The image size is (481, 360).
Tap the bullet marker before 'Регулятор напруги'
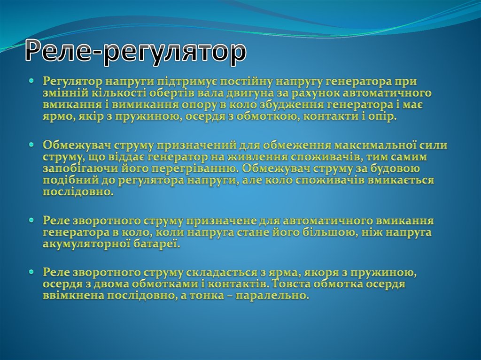tap(31, 81)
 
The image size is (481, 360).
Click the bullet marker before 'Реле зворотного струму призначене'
tap(31, 220)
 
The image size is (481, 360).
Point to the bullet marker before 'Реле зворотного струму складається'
tap(31, 272)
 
